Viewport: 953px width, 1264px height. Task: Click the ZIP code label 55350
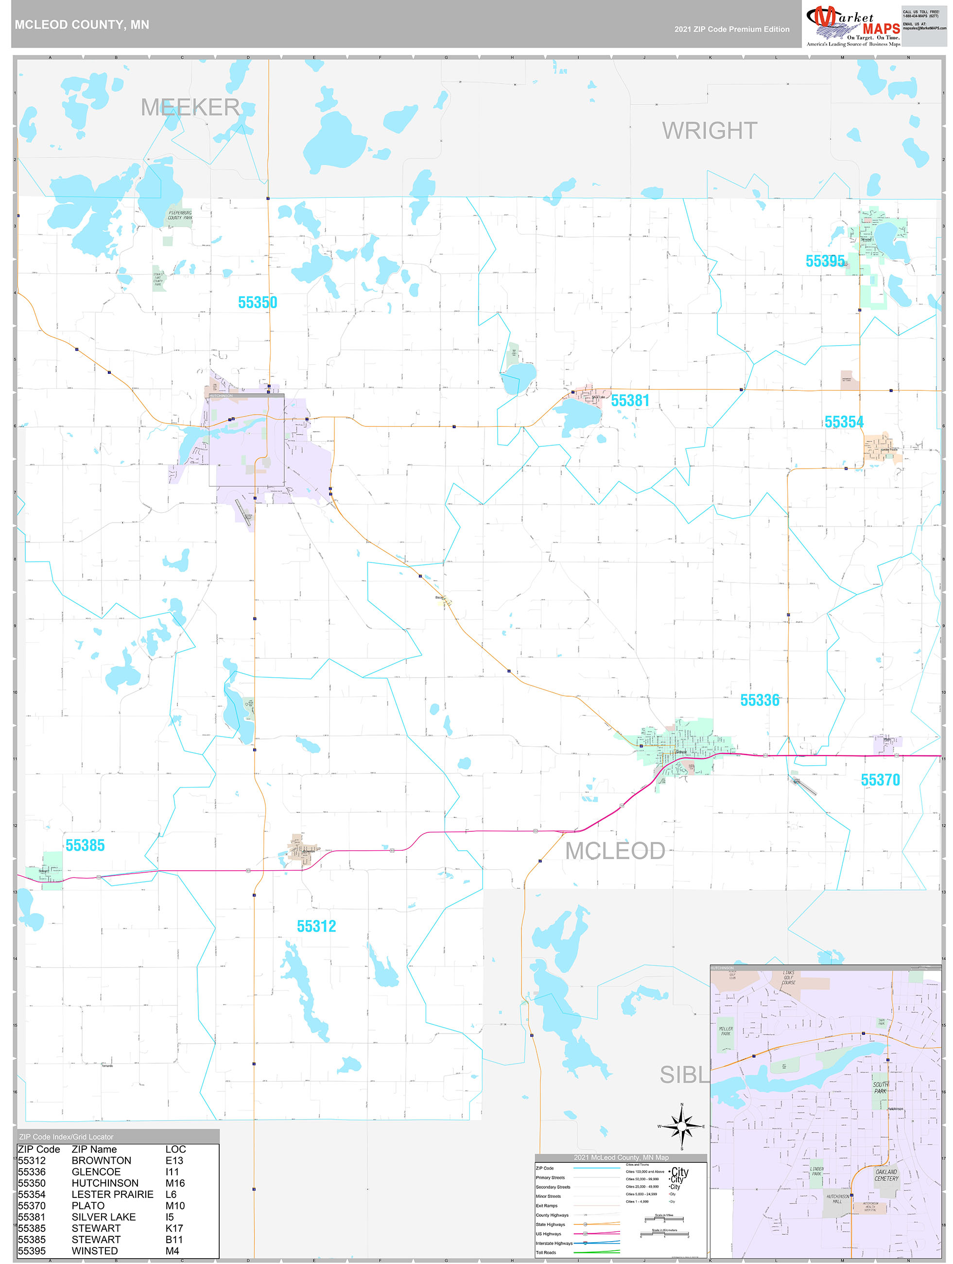click(257, 303)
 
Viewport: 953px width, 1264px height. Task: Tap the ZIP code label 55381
click(630, 401)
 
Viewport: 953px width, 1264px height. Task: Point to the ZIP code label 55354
click(843, 422)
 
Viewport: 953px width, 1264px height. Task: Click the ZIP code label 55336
click(759, 701)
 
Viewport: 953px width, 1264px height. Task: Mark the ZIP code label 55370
click(880, 780)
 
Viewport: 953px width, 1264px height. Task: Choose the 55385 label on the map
click(85, 845)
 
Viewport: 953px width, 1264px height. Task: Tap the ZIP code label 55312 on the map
click(316, 926)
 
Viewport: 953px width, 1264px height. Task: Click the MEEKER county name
click(190, 107)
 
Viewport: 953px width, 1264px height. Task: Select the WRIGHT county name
click(710, 131)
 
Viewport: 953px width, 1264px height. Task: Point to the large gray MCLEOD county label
click(615, 851)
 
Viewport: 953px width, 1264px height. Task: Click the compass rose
click(682, 1126)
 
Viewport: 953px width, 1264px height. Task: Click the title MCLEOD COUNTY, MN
click(82, 25)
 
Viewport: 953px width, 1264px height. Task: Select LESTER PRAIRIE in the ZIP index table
click(113, 1194)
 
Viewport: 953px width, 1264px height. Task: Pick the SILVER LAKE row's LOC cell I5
click(170, 1216)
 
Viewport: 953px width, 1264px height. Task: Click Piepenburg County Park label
click(180, 215)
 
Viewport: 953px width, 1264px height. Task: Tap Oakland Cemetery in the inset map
click(886, 1175)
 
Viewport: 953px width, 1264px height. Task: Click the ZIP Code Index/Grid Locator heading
click(66, 1137)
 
